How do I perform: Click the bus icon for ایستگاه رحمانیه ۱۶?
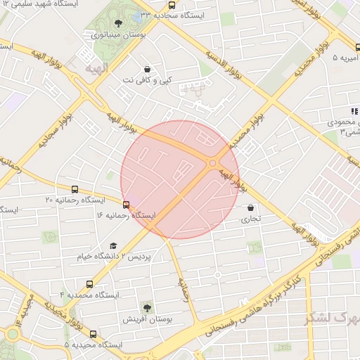click(x=126, y=205)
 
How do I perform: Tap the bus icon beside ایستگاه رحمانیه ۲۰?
click(x=75, y=189)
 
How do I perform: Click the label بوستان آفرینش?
click(x=148, y=319)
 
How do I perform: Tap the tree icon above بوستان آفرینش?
click(x=147, y=308)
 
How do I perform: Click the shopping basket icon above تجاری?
click(x=251, y=208)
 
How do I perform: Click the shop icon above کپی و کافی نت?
click(x=147, y=70)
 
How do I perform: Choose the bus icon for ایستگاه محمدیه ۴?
click(x=89, y=284)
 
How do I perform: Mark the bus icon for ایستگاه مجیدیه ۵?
click(x=93, y=334)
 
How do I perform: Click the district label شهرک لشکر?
click(x=330, y=318)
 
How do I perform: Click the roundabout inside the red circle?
click(x=212, y=164)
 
